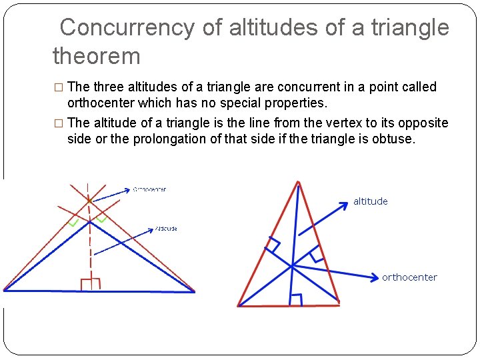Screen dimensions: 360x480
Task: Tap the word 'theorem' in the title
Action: coord(97,56)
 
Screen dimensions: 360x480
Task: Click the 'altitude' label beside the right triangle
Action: coord(371,201)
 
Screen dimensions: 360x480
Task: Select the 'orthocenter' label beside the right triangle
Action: coord(409,277)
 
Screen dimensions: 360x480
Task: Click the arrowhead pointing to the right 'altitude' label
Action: coord(344,204)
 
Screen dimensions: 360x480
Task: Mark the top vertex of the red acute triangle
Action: coord(298,182)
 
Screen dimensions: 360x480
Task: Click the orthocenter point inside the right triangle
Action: coord(292,266)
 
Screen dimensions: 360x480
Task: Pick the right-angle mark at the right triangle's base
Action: coord(296,300)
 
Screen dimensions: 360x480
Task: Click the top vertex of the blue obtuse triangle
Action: coord(89,222)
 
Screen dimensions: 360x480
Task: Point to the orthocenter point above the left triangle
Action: coord(89,199)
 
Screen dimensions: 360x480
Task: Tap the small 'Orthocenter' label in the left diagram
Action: coord(150,189)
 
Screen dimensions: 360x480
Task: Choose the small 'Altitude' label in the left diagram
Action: coord(166,229)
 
